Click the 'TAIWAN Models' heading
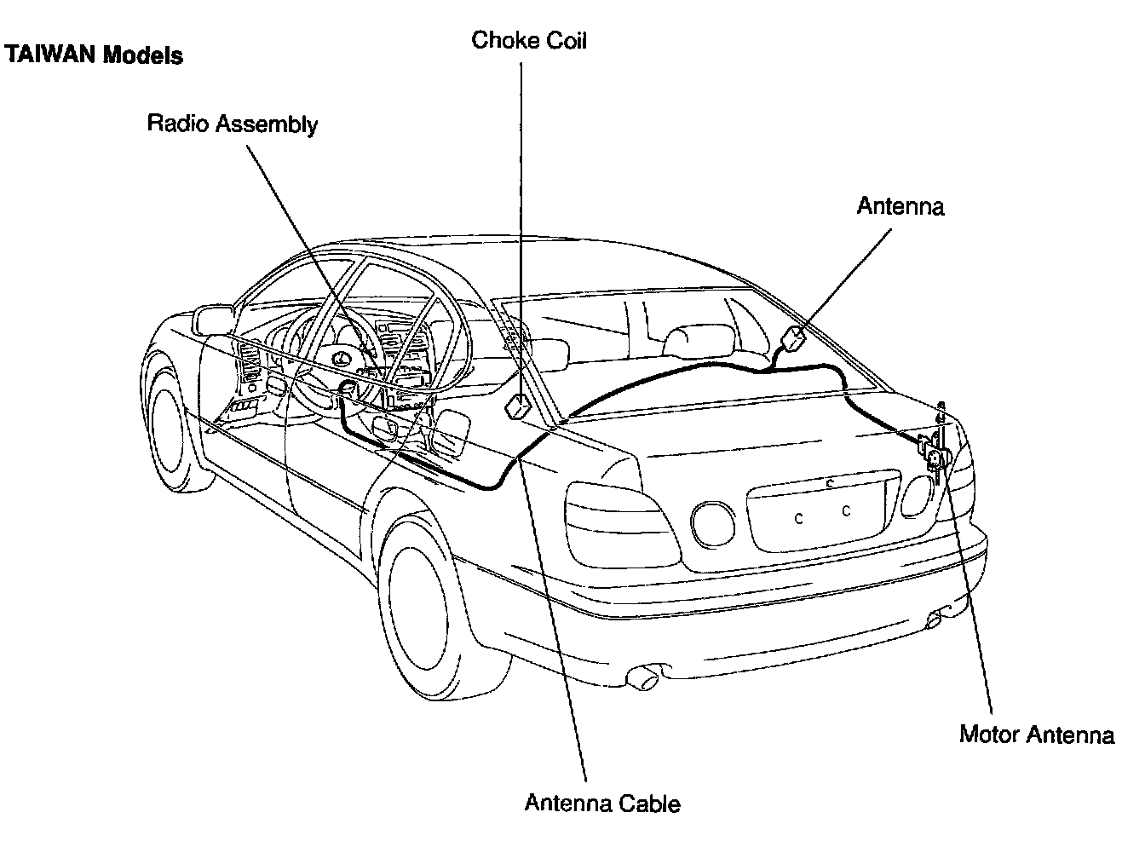pos(94,55)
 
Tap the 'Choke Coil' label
pos(528,40)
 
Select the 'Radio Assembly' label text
pos(233,124)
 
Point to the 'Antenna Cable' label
pos(602,803)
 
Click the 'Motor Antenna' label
pos(1037,735)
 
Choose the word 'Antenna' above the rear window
pos(900,206)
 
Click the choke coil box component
pos(518,406)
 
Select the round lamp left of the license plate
pos(713,524)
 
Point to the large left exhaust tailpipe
pos(642,678)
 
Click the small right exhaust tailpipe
pos(935,619)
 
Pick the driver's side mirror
pos(213,320)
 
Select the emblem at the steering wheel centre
pos(339,358)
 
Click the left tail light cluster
pos(623,525)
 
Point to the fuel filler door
pos(450,432)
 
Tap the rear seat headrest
pos(698,342)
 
